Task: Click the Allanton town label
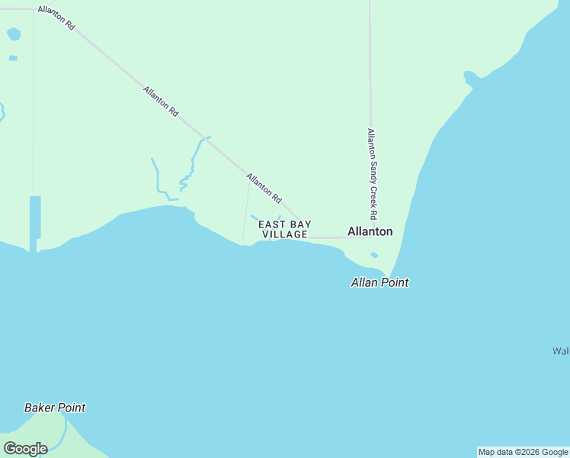click(370, 231)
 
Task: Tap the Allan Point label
click(379, 282)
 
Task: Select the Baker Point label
click(55, 408)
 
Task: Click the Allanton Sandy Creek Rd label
click(372, 173)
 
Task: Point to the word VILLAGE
click(285, 234)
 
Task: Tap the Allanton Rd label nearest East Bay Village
click(264, 188)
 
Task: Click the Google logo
click(25, 449)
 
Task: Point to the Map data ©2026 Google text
click(523, 452)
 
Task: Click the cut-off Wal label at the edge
click(562, 351)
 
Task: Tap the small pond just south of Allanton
click(373, 255)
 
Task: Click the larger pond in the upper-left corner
click(14, 34)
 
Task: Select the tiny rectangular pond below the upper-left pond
click(13, 58)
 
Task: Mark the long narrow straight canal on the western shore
click(35, 218)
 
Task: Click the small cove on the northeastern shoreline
click(470, 77)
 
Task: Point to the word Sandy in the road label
click(372, 173)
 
